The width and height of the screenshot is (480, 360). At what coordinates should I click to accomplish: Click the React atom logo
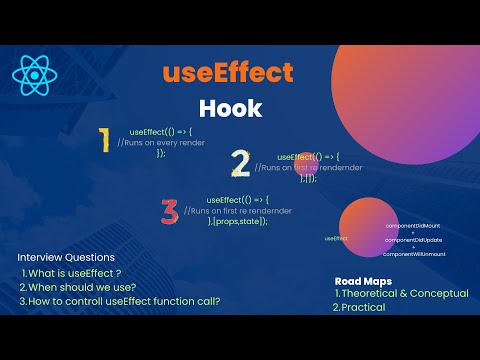pos(35,73)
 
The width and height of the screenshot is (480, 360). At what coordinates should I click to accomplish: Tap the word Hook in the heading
pos(229,106)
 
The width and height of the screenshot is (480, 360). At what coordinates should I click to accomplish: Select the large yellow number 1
pos(103,141)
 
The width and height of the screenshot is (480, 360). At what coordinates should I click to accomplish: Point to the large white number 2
pos(240,163)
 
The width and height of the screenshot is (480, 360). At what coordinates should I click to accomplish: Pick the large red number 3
pos(170,211)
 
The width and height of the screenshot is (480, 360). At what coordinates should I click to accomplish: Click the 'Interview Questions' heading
pos(65,257)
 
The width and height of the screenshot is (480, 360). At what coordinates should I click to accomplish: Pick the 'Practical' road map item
pos(362,308)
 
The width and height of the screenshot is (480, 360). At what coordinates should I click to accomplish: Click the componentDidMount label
pos(413,226)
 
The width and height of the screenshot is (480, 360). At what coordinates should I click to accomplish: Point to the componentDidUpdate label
pos(413,240)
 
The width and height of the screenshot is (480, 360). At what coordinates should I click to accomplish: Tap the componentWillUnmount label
pos(414,254)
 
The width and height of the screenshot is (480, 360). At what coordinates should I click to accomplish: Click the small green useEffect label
pos(336,239)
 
